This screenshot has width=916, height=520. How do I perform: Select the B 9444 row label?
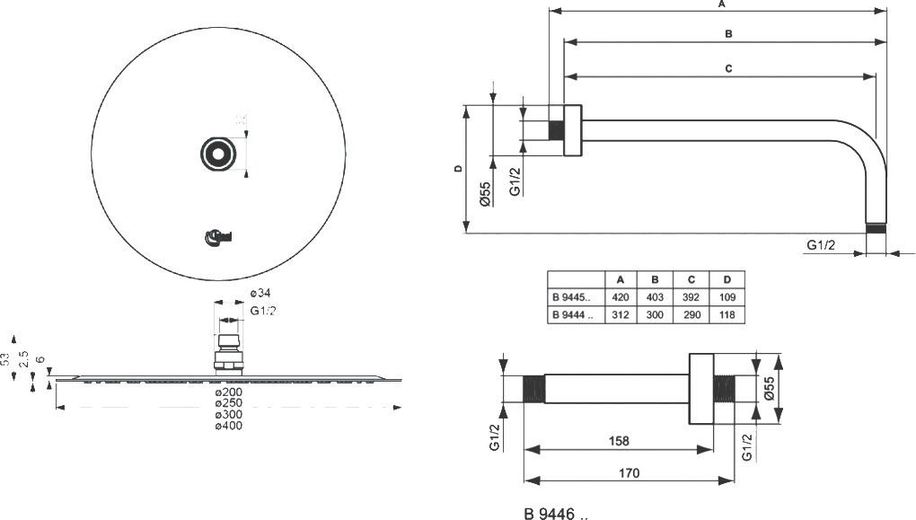point(572,315)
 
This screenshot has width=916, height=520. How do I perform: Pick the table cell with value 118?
point(727,315)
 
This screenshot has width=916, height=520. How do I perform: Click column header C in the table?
point(691,279)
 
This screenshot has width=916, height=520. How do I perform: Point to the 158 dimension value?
point(618,441)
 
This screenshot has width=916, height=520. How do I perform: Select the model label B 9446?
point(556,515)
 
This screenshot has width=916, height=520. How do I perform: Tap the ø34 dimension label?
point(260,294)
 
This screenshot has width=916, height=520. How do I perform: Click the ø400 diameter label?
point(228,426)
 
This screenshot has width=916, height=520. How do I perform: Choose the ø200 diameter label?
point(228,393)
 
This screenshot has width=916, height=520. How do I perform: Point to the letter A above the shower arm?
point(721,4)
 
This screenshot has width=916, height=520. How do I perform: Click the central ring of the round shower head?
point(216,154)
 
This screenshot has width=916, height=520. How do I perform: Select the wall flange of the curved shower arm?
point(573,130)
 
